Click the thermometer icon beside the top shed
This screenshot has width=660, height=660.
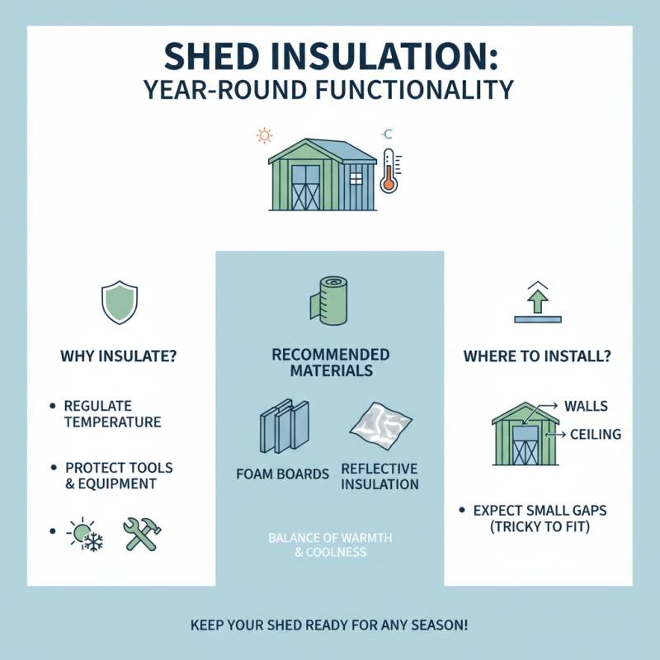(389, 171)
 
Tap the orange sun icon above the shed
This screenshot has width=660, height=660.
(265, 134)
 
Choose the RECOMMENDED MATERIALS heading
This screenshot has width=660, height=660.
(330, 363)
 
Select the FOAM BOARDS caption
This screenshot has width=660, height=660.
(282, 474)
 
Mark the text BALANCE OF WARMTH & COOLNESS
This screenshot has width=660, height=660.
(330, 545)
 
